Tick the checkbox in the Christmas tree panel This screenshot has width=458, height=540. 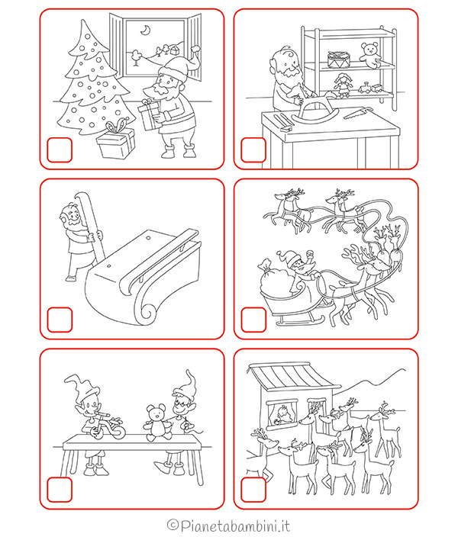coord(60,149)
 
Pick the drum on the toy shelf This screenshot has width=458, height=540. coord(337,58)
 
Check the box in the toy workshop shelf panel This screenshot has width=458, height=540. coord(253,149)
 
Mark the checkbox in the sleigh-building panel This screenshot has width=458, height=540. coord(60,319)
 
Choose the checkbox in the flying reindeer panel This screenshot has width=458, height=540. coord(253,319)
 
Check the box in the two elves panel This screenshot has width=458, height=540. coord(60,489)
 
